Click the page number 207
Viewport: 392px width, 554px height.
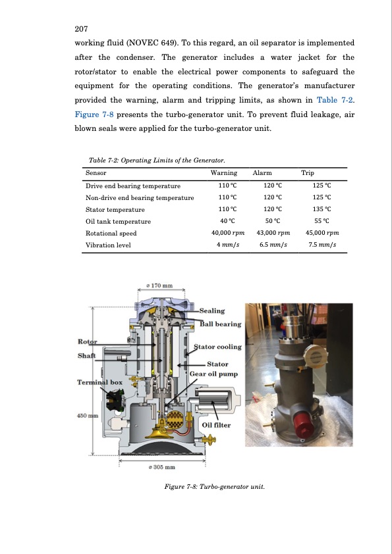pos(81,28)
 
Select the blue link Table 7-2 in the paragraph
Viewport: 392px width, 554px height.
pos(335,100)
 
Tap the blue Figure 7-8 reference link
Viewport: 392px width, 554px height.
pos(94,114)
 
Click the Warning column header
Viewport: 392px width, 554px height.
pos(224,173)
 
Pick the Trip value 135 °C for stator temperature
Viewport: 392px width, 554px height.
pos(322,209)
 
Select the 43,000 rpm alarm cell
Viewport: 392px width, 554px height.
pos(273,233)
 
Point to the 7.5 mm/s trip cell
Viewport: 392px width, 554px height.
pos(322,245)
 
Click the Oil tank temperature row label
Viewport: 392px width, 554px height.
pos(118,222)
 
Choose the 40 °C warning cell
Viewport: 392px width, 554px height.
pos(227,221)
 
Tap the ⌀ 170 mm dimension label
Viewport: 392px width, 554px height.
pos(161,285)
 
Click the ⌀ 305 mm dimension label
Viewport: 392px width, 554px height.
pos(162,467)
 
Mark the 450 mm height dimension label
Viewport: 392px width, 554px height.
pos(88,416)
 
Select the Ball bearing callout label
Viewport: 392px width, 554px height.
pos(221,324)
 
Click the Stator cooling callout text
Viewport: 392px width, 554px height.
pos(217,347)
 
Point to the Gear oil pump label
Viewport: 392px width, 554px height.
pos(213,374)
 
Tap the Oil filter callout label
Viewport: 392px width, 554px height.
pos(216,425)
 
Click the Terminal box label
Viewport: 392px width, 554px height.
pos(99,382)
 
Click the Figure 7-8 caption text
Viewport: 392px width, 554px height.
pos(214,486)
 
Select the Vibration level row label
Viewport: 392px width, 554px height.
pos(108,245)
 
